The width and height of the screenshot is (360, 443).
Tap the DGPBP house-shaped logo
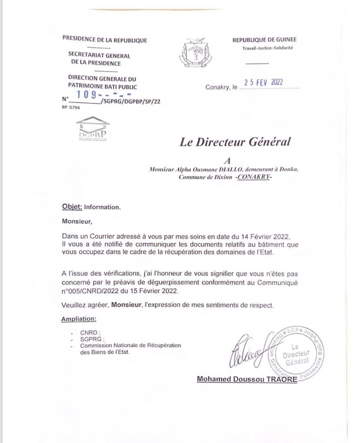pyautogui.click(x=93, y=129)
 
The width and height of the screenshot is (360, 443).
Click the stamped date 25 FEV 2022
pyautogui.click(x=264, y=82)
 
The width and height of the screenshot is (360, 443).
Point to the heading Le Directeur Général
pyautogui.click(x=235, y=142)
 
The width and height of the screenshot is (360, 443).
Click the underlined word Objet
pyautogui.click(x=72, y=207)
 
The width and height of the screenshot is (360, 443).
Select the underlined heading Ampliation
pyautogui.click(x=79, y=319)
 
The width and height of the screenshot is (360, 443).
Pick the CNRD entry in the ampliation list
pyautogui.click(x=90, y=333)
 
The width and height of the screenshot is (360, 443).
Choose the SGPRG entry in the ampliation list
pyautogui.click(x=91, y=339)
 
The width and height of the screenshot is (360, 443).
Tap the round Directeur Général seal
pyautogui.click(x=298, y=352)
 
